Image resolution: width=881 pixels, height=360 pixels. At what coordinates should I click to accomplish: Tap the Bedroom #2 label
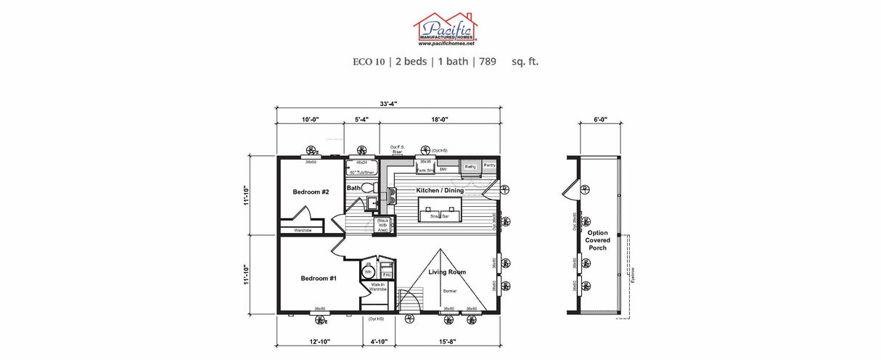[x=311, y=192]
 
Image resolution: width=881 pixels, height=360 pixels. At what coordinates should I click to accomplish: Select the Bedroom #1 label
[x=319, y=278]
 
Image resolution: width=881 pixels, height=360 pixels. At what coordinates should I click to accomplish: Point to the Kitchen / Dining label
[x=440, y=190]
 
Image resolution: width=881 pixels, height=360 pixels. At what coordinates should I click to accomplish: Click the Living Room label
[x=447, y=272]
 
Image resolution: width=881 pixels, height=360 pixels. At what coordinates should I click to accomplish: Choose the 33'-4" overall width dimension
[x=388, y=103]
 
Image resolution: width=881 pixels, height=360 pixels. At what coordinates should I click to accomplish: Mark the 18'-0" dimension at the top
[x=438, y=119]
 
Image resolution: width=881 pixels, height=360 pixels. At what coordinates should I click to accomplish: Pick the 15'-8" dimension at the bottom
[x=448, y=341]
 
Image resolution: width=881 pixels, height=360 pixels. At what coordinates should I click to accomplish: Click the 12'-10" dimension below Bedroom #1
[x=319, y=341]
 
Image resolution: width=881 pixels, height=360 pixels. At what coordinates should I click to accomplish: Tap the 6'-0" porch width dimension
[x=599, y=119]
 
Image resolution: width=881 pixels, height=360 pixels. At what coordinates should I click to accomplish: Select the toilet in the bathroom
[x=369, y=189]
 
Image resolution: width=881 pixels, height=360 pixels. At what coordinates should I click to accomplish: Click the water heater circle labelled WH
[x=368, y=273]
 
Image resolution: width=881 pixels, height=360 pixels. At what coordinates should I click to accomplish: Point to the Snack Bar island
[x=440, y=215]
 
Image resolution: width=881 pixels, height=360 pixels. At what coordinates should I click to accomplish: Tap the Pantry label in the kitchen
[x=489, y=165]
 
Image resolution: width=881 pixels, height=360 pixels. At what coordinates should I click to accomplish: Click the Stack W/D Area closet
[x=382, y=225]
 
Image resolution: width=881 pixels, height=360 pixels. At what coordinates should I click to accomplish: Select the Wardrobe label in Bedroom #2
[x=303, y=231]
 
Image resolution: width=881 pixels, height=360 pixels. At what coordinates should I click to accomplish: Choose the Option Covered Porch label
[x=598, y=240]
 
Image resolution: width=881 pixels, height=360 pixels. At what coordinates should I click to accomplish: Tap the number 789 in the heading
[x=487, y=62]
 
